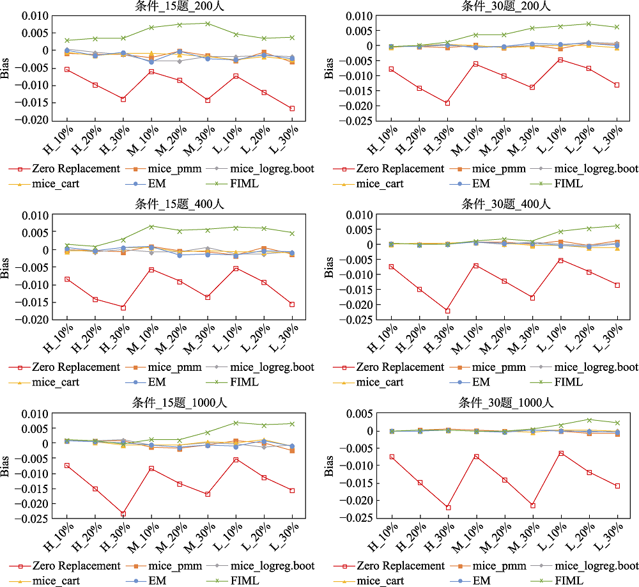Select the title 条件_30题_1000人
click(x=505, y=403)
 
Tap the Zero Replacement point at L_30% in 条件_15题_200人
click(x=292, y=109)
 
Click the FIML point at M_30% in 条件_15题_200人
click(x=208, y=24)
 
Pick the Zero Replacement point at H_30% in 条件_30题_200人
click(x=447, y=103)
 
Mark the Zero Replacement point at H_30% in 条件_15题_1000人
click(x=123, y=514)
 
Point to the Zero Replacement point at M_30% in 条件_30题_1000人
click(x=532, y=506)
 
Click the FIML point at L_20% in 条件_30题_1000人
click(x=589, y=420)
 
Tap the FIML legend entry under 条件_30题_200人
click(x=568, y=184)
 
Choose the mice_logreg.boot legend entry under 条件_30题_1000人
click(x=594, y=566)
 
